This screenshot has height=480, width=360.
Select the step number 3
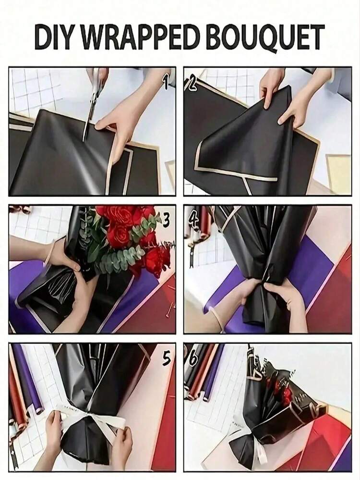pyautogui.click(x=166, y=221)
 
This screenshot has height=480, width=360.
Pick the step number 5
pyautogui.click(x=167, y=358)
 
